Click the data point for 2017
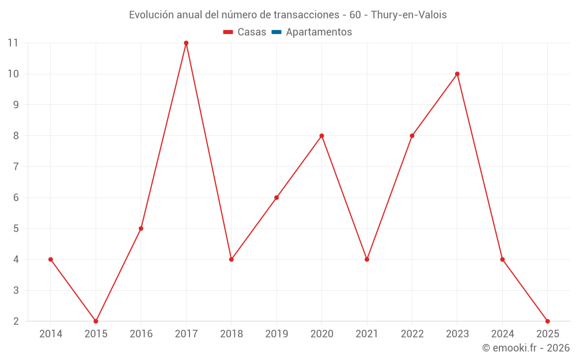point(186,43)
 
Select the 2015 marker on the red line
point(96,321)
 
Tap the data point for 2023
point(457,74)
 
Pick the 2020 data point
point(321,136)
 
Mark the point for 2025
point(547,321)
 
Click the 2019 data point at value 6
point(276,198)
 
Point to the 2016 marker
point(141,229)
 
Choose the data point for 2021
point(367,259)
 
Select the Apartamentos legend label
point(319,32)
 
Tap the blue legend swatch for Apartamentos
point(276,32)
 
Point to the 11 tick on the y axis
point(13,43)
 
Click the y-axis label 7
point(16,167)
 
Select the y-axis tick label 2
point(16,321)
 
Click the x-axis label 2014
point(51,334)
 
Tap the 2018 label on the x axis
point(231,334)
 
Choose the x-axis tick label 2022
point(412,334)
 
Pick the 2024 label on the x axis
point(502,334)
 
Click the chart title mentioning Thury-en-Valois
point(287,15)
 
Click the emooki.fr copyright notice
point(525,348)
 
